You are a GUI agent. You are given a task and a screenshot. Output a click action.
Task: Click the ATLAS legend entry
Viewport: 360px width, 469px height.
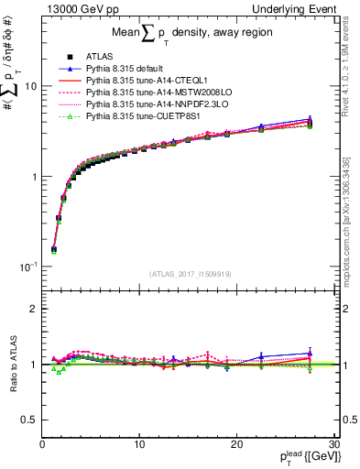[98, 56]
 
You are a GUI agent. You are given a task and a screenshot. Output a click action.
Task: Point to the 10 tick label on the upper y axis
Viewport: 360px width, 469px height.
[29, 86]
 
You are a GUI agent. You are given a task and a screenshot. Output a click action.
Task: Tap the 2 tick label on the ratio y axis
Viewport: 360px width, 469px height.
[33, 309]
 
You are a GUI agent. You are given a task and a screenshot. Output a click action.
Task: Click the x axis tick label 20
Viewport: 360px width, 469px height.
[236, 445]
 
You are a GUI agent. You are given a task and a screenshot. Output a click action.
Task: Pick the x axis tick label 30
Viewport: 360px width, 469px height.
[333, 445]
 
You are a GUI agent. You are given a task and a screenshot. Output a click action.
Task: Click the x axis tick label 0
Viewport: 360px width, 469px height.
[42, 445]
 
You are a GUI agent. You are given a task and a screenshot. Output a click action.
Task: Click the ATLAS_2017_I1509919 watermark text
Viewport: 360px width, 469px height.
[191, 273]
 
